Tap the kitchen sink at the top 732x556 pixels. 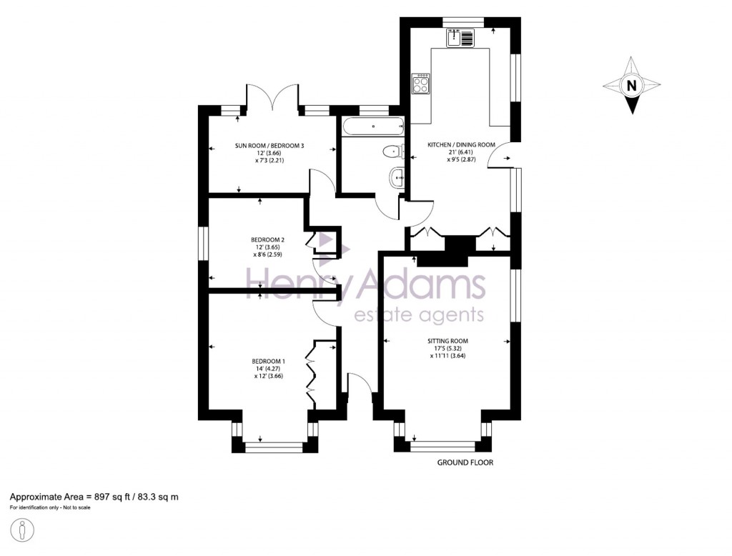[x=460, y=38]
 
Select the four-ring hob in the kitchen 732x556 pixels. [x=421, y=85]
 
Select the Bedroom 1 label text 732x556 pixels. [x=268, y=361]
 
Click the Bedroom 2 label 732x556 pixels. [x=268, y=239]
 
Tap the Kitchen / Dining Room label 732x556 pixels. [x=461, y=145]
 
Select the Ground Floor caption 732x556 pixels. [x=465, y=462]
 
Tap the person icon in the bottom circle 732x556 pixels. [x=23, y=531]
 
